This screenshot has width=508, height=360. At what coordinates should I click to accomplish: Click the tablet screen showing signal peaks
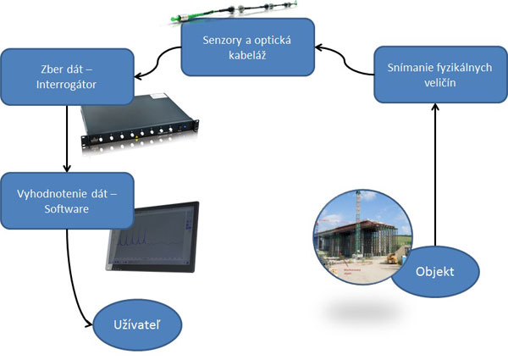(x=152, y=240)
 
